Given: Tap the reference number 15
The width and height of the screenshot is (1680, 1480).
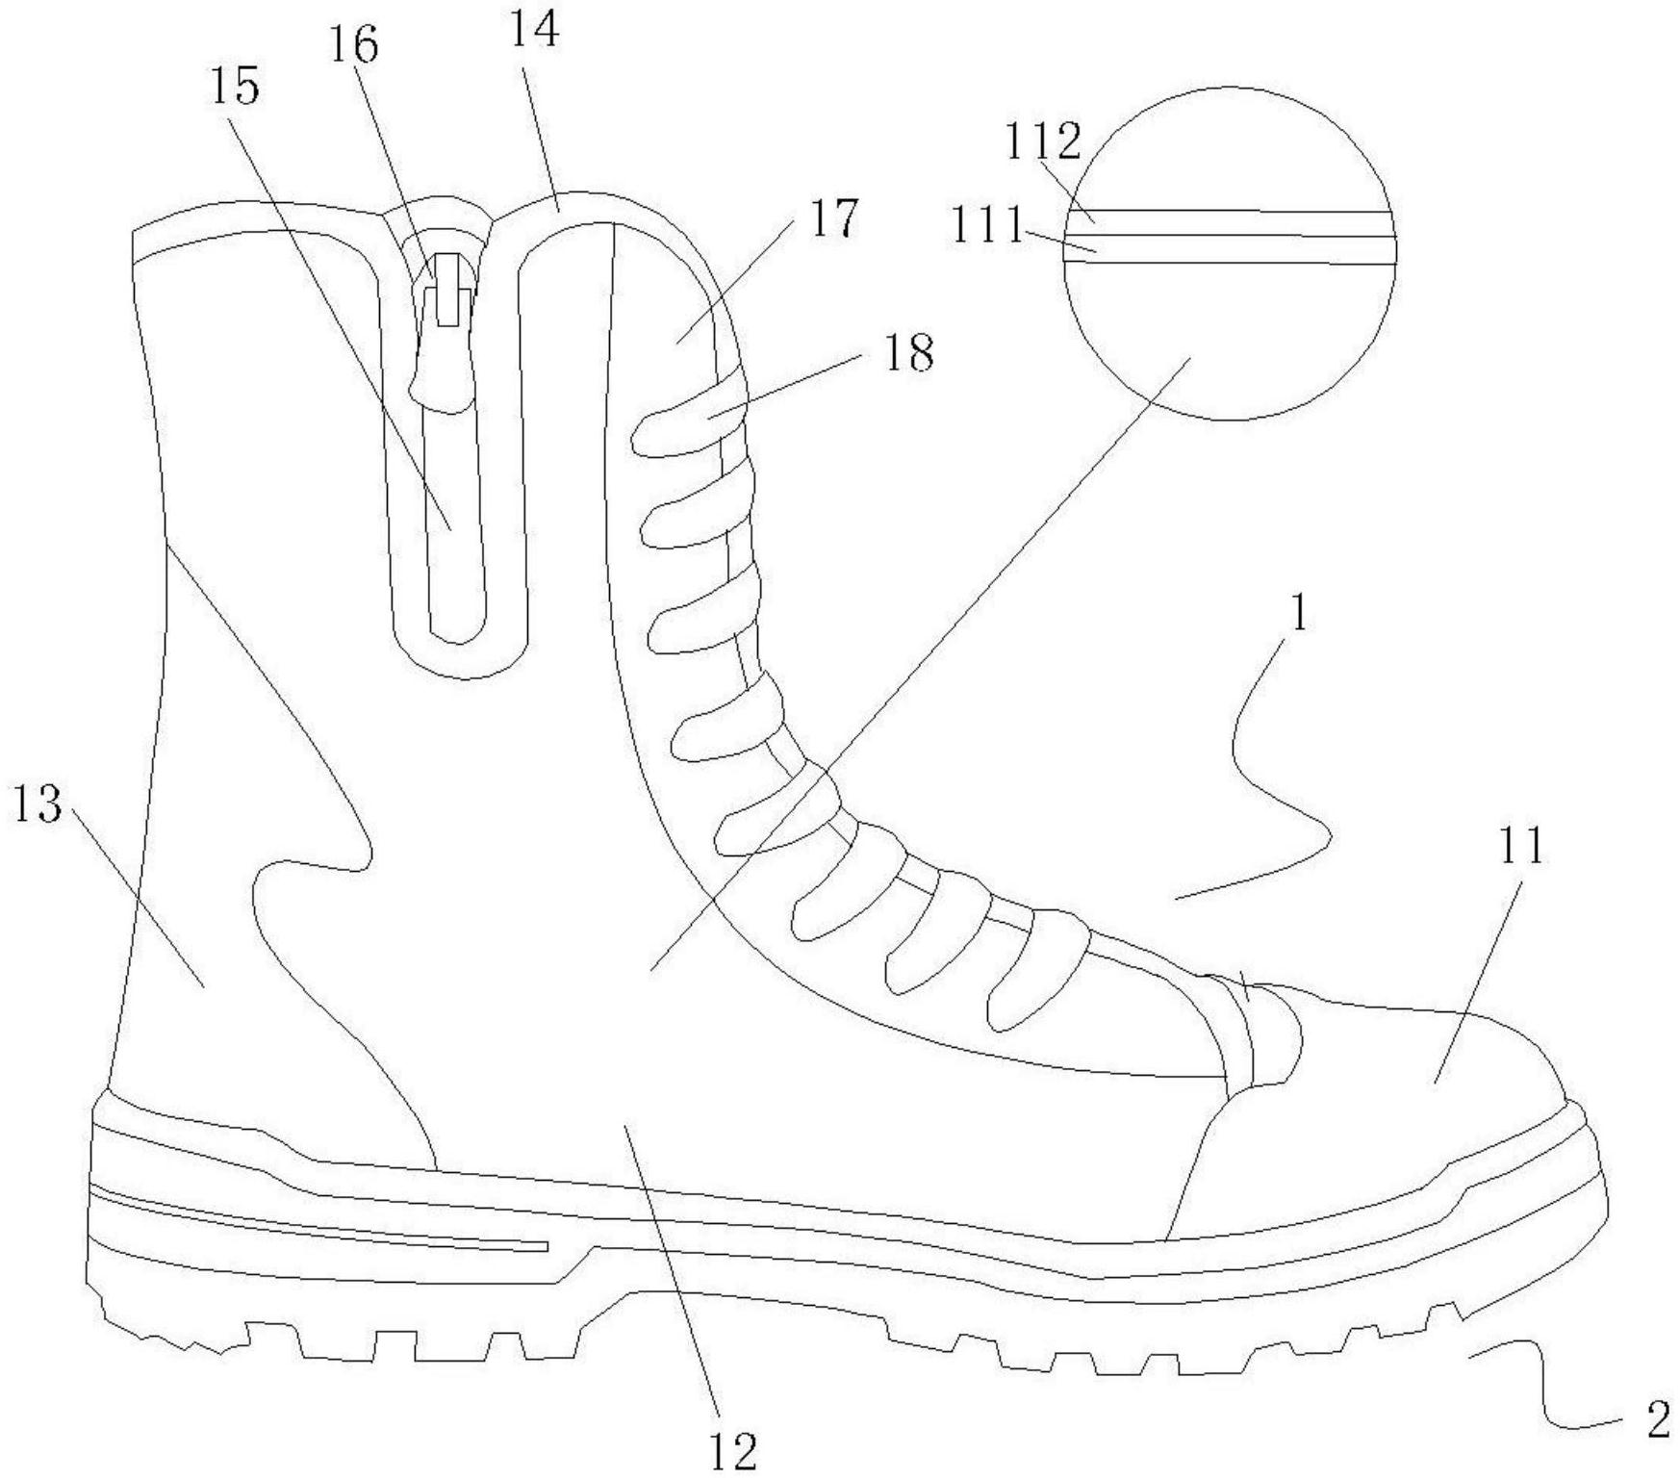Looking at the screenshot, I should click(x=237, y=88).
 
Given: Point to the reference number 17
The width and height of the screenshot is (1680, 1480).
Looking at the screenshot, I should click(x=833, y=218).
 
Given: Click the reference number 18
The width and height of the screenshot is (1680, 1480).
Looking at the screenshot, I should click(x=907, y=354).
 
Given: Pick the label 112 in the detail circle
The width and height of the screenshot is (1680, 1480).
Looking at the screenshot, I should click(x=1044, y=142).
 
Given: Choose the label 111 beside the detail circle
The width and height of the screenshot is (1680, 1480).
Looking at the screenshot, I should click(x=987, y=227).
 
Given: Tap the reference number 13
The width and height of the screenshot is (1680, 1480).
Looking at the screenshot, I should click(x=37, y=804).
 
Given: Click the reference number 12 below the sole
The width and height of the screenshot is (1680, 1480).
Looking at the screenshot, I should click(x=733, y=1450).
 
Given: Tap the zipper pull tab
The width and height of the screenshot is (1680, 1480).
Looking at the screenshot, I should click(x=448, y=289).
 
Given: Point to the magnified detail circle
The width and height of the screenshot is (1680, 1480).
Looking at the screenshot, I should click(x=1228, y=253).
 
